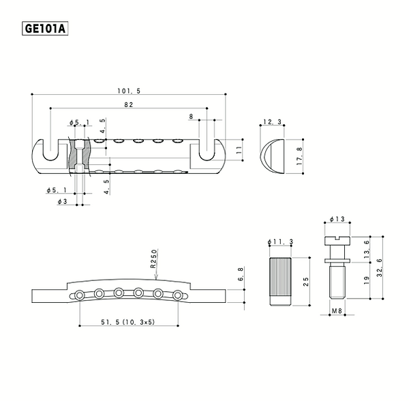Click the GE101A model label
pos(46,29)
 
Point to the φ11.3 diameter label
pos(281,242)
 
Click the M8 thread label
pos(335,311)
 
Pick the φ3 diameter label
pos(62,203)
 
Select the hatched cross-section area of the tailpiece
pos(74,154)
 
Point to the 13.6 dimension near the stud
pos(367,248)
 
